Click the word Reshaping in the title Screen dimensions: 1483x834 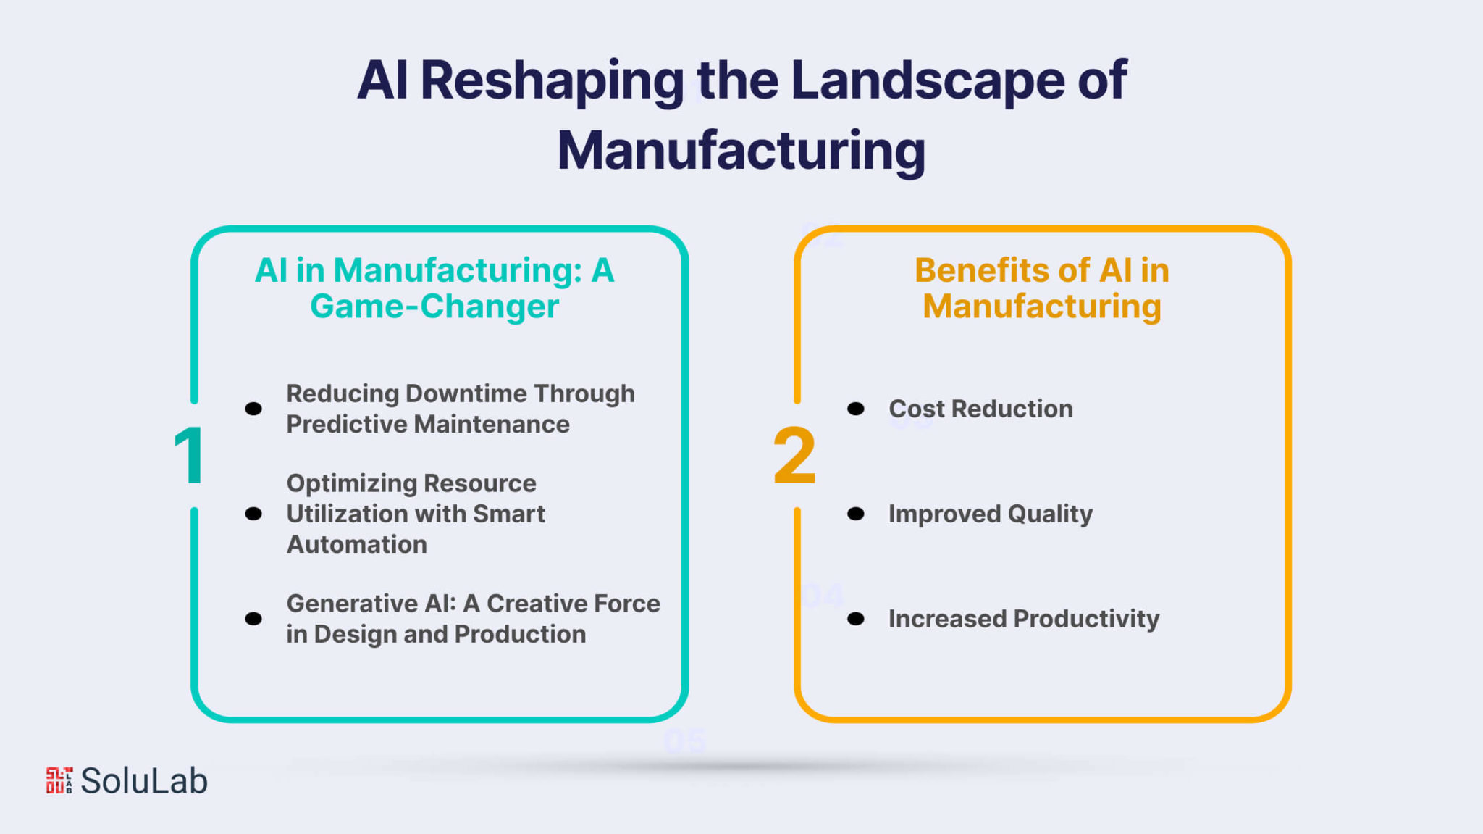point(552,81)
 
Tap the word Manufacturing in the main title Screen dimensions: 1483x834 point(741,151)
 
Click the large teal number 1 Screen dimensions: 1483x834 point(190,456)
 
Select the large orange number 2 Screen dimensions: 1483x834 point(794,456)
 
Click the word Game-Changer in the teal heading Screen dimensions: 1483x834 point(434,306)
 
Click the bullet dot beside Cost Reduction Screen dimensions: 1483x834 point(856,409)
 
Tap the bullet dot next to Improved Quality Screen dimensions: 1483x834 point(856,514)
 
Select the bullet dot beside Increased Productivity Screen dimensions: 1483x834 point(856,619)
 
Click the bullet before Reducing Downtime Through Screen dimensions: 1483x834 point(253,409)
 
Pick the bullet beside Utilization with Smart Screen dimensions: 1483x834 point(253,514)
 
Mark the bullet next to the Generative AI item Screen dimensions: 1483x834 point(253,619)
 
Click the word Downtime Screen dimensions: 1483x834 point(466,393)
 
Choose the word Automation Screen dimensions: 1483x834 point(357,544)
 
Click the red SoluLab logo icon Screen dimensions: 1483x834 point(59,780)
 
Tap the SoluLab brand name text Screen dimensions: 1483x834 point(144,780)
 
